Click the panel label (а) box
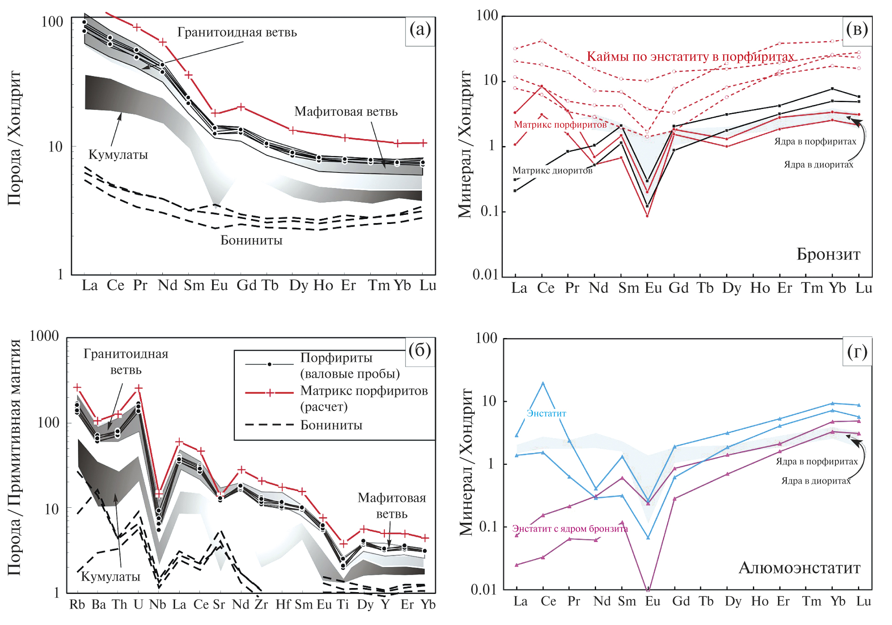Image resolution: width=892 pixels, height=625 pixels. click(x=420, y=30)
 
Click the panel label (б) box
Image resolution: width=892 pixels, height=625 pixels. click(x=420, y=351)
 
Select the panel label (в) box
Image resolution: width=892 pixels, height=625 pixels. click(x=857, y=30)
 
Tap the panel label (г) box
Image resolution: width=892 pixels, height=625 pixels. click(x=857, y=352)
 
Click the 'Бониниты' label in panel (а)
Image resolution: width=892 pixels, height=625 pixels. click(x=251, y=240)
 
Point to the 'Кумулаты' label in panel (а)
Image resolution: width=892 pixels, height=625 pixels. click(x=118, y=155)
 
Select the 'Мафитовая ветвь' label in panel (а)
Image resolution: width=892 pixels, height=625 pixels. click(x=346, y=112)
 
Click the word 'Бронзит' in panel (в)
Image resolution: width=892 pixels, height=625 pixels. click(x=828, y=254)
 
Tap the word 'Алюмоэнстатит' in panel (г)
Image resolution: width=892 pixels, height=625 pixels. click(x=799, y=568)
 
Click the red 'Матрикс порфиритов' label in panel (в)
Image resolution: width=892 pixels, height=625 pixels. click(x=560, y=125)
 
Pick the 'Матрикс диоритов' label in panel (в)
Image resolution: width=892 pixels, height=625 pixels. click(x=552, y=171)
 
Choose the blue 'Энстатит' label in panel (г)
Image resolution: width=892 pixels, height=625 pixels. click(x=546, y=413)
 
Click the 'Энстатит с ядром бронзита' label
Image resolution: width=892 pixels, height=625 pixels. click(x=570, y=529)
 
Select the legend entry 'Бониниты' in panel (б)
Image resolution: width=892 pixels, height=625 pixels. click(x=331, y=425)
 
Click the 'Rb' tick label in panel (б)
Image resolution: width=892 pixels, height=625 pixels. click(x=77, y=604)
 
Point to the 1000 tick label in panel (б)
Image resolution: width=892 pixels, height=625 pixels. click(x=44, y=336)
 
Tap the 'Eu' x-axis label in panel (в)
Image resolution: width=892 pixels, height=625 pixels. click(x=653, y=288)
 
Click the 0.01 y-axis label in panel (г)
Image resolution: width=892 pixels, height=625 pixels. click(x=484, y=589)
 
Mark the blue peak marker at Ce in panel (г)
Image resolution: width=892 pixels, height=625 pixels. click(x=543, y=384)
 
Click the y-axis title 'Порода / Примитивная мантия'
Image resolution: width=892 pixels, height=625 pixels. click(x=15, y=456)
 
